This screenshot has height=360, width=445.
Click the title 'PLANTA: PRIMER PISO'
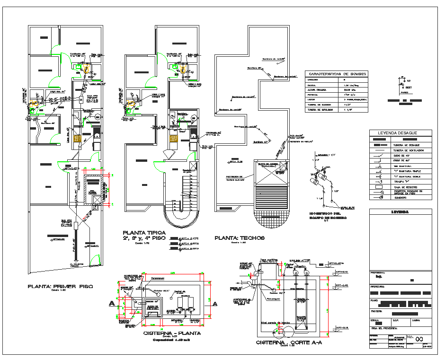[x=60, y=287]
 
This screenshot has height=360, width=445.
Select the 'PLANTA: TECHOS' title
[x=239, y=238]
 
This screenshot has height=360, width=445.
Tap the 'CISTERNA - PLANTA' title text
[x=172, y=333]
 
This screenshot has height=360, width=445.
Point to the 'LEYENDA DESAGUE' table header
[x=400, y=133]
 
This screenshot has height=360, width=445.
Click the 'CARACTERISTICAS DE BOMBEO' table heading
[x=336, y=74]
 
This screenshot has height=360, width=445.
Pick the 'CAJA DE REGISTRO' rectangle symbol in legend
[x=378, y=187]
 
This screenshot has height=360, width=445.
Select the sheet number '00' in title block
[x=418, y=339]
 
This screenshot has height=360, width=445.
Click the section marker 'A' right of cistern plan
[x=214, y=303]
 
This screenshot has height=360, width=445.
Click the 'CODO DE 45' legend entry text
[x=400, y=155]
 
